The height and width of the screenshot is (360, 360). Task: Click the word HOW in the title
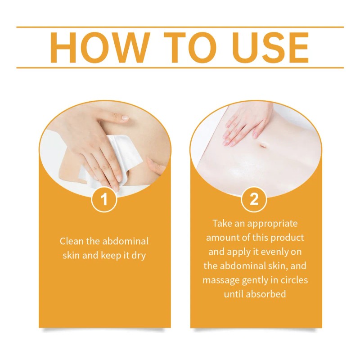point(100,47)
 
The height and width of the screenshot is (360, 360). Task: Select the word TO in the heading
point(188,47)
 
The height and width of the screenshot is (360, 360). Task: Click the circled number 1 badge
point(104,199)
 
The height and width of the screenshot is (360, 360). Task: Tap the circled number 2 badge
point(254,199)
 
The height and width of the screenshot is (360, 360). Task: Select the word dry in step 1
point(139,256)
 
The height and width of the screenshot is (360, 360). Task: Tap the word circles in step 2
point(294,280)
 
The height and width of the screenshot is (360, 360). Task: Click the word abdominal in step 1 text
point(126,241)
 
